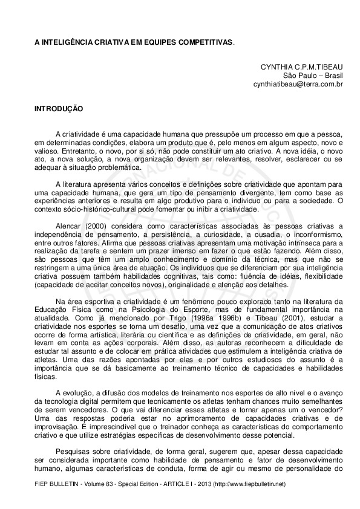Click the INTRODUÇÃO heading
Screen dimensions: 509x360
[x=59, y=111]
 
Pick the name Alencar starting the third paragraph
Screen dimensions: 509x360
[x=67, y=226]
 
